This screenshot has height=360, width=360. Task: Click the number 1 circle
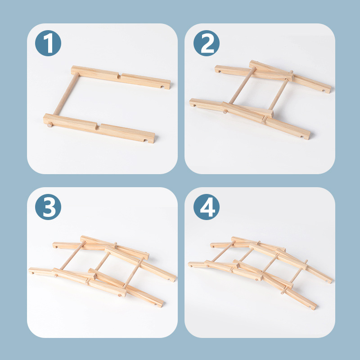[48, 44]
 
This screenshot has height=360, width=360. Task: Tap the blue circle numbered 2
[207, 44]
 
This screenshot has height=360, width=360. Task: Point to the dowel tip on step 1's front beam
[49, 125]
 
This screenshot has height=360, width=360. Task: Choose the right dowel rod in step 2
[279, 94]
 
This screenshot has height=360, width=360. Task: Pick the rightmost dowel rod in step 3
[133, 273]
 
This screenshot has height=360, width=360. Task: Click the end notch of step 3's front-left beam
[32, 271]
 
